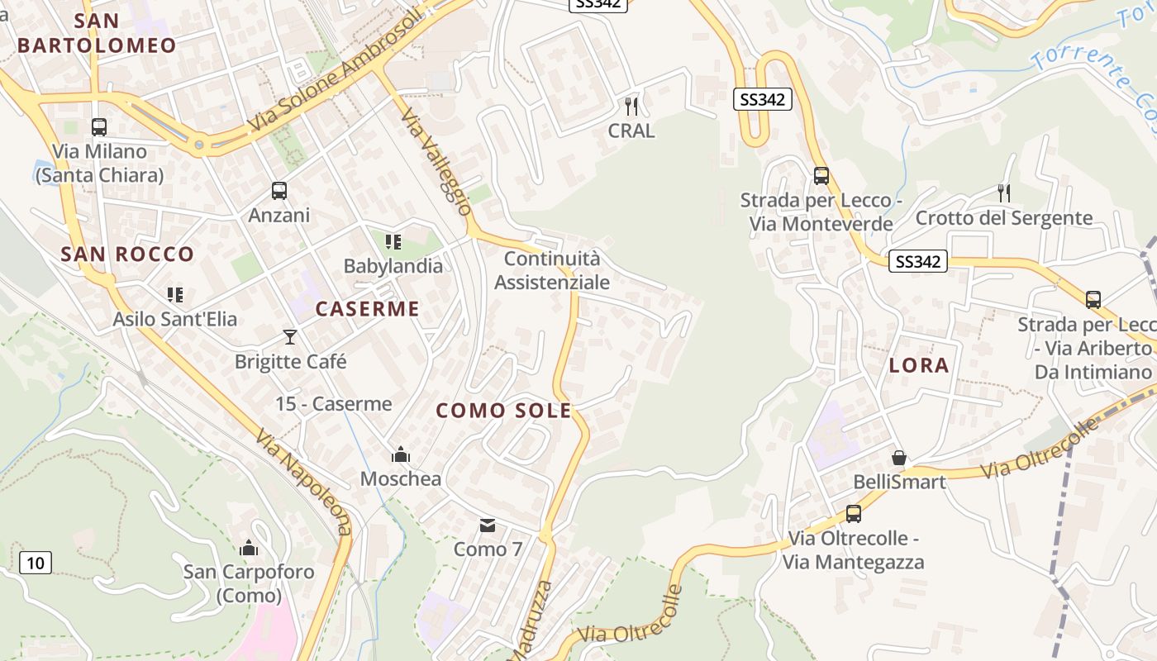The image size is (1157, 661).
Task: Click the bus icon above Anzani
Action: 279,191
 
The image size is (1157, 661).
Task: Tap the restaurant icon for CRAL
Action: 631,106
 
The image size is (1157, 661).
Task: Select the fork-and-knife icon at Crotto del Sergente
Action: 1004,193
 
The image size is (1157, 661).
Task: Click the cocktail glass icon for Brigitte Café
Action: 290,336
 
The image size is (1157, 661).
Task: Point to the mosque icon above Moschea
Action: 401,454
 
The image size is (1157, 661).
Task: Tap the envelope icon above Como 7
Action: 488,525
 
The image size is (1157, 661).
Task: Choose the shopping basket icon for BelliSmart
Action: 899,458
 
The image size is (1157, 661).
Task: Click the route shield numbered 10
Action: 35,564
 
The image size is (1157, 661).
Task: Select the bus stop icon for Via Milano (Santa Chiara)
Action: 99,127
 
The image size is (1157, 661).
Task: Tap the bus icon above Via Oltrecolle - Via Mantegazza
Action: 854,514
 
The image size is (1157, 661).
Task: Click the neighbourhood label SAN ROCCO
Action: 127,254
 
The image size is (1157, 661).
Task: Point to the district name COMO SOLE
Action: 503,411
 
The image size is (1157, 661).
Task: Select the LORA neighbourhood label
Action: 919,366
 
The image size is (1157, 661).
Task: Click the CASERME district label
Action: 368,310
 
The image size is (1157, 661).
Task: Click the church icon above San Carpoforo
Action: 249,548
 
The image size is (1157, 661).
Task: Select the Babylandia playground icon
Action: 393,242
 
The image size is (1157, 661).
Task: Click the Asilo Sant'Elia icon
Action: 175,295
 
